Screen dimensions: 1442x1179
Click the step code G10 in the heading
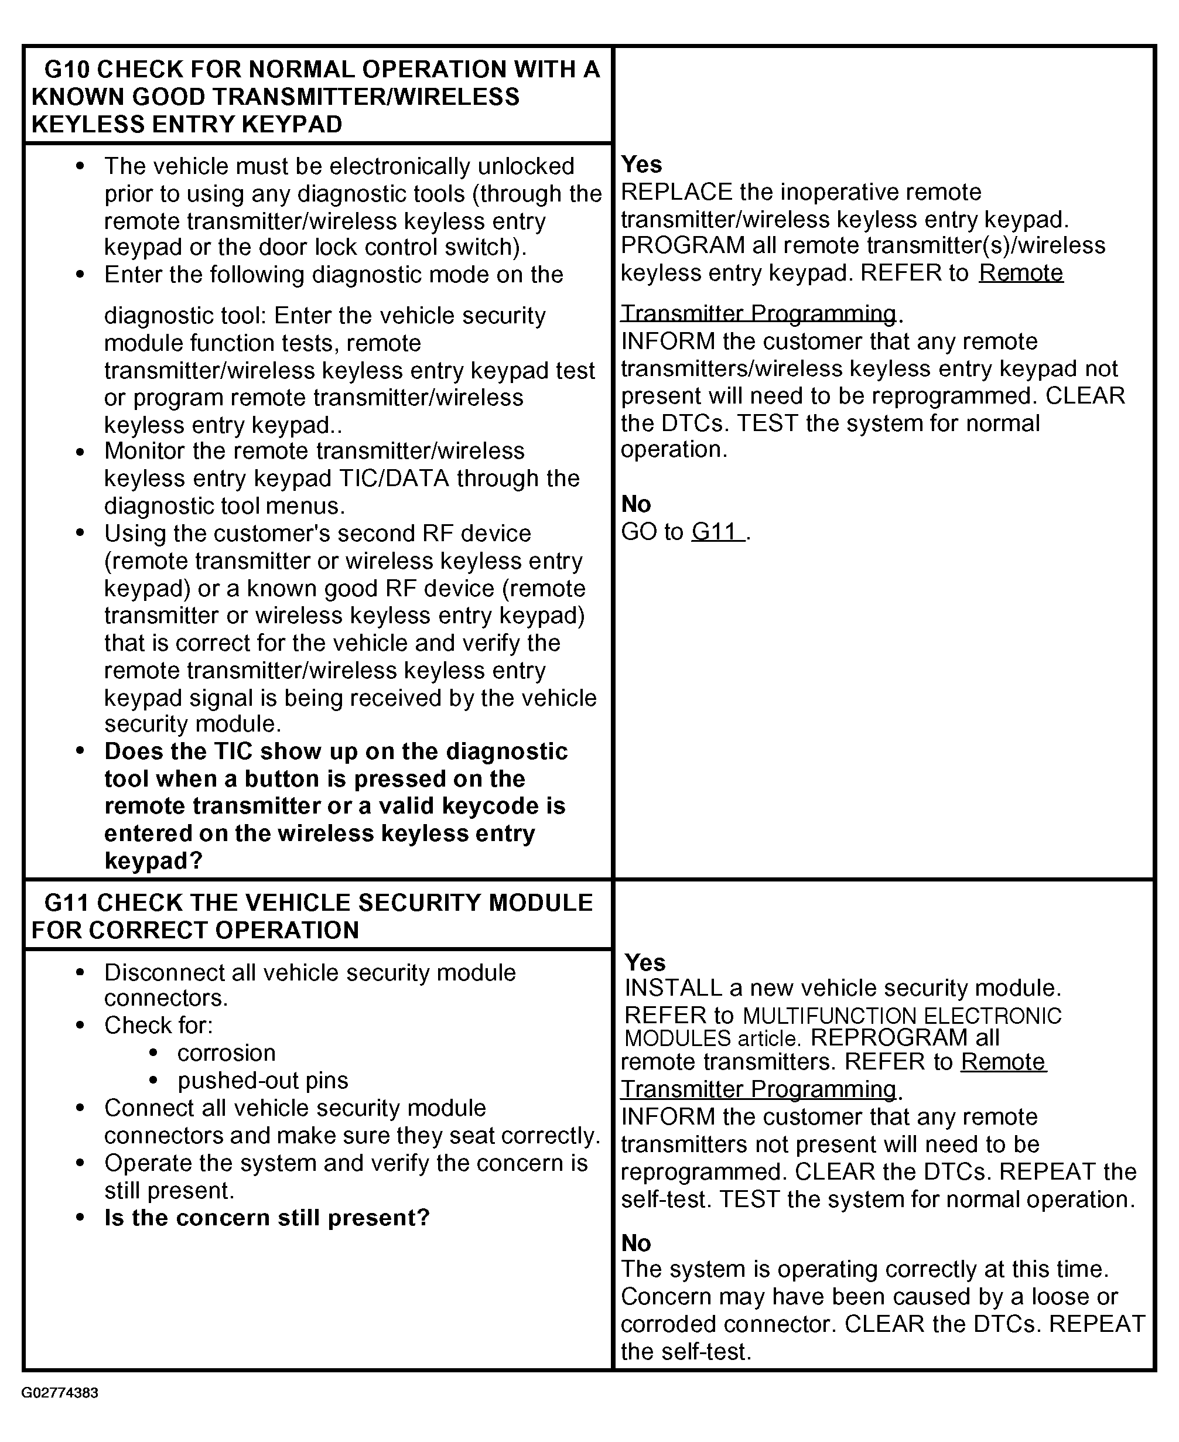[67, 69]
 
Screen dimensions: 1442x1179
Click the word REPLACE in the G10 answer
[676, 192]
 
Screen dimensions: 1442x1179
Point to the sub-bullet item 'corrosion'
[226, 1053]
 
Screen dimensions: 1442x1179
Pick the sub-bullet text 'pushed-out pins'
[263, 1080]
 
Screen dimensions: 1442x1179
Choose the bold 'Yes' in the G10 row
[641, 165]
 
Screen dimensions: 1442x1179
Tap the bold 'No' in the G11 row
[635, 1243]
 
